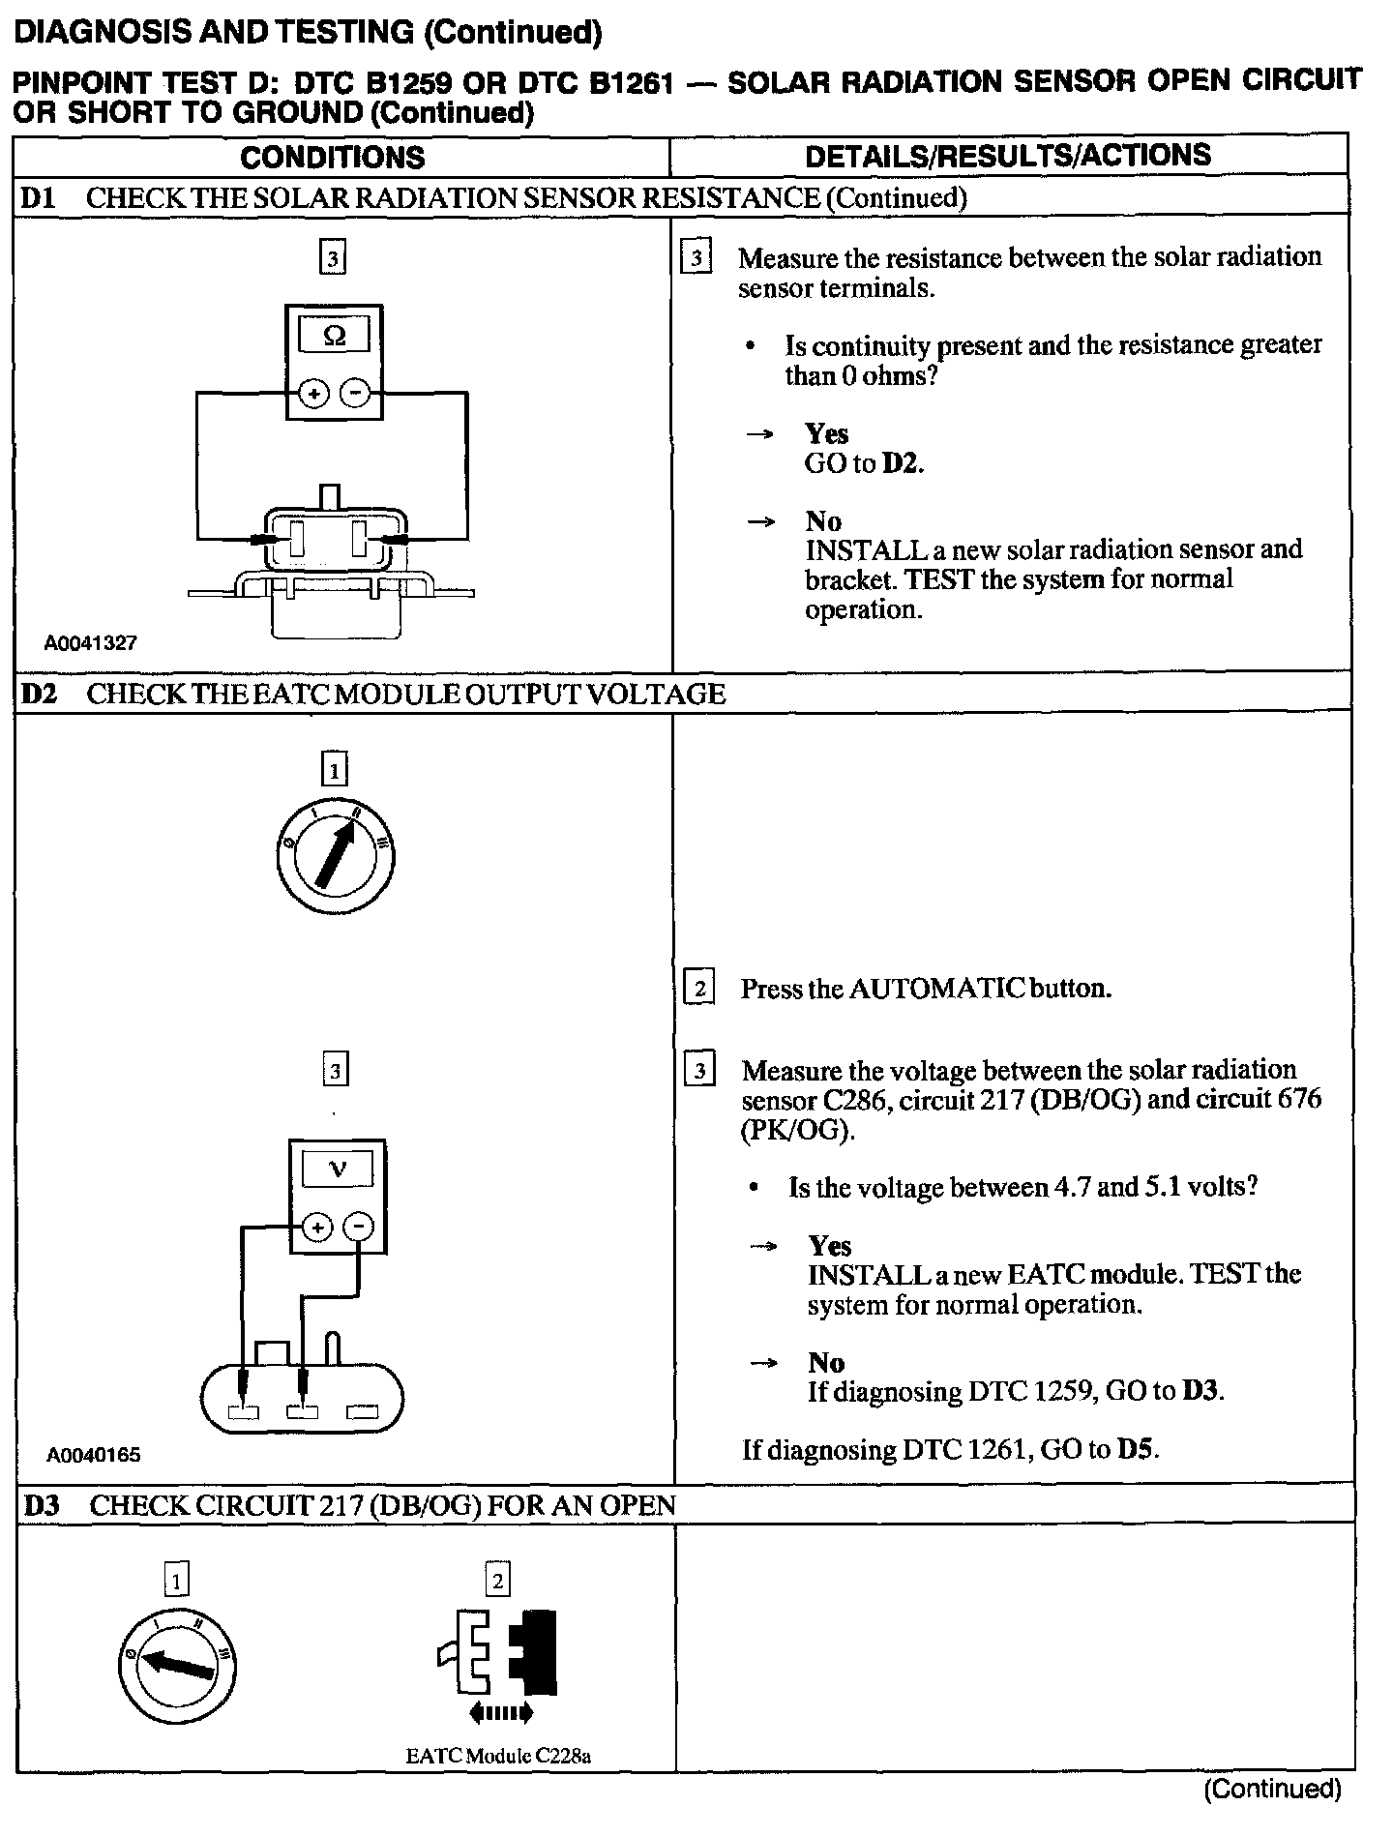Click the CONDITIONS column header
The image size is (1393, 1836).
click(332, 157)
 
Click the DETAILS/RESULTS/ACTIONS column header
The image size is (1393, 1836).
click(1008, 156)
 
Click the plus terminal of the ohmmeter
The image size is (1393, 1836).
click(313, 394)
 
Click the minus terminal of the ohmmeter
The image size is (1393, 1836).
click(355, 394)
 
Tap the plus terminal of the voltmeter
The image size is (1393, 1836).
click(316, 1228)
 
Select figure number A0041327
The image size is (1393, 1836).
click(91, 642)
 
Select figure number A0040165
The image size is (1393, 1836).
click(93, 1454)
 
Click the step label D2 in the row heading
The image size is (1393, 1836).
click(40, 694)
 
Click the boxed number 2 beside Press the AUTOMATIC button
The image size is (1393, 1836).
click(698, 989)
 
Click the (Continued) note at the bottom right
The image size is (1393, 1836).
click(1272, 1789)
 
